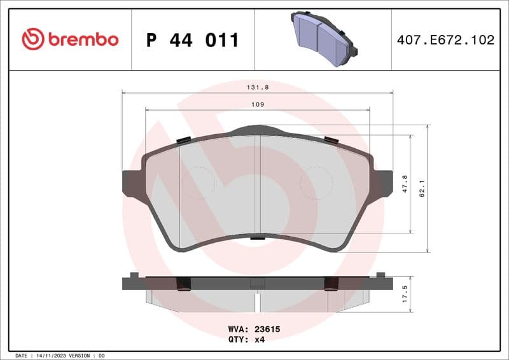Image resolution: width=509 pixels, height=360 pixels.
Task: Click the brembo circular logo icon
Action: tap(32, 39)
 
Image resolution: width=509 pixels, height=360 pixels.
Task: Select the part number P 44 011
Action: tap(192, 40)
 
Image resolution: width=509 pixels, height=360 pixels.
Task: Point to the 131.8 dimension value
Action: tap(256, 89)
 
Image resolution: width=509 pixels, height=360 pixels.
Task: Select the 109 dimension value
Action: tap(257, 104)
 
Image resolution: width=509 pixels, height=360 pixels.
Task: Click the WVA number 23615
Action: tap(267, 329)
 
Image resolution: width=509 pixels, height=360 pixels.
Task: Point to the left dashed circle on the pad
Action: tap(199, 183)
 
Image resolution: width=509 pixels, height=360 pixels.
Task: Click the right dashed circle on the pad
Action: tap(316, 183)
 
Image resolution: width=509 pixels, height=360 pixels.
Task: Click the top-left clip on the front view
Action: tap(183, 140)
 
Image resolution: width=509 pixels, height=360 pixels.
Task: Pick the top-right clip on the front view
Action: tap(332, 140)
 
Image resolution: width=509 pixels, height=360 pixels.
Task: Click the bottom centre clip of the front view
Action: tap(257, 238)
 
